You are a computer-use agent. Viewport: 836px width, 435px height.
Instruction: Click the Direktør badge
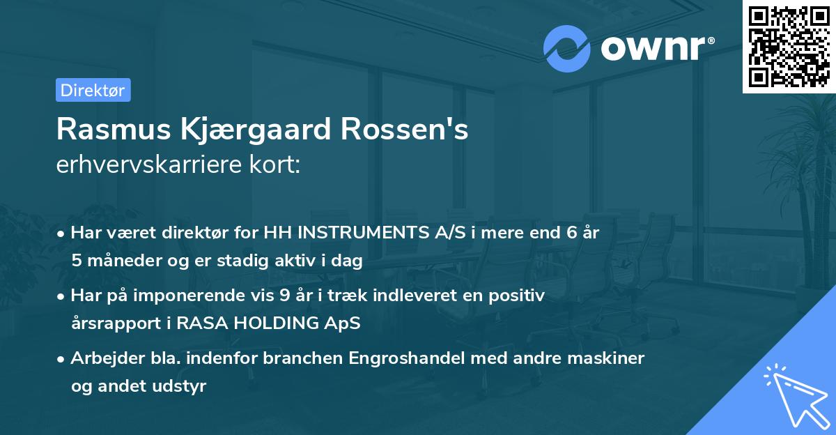(93, 90)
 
